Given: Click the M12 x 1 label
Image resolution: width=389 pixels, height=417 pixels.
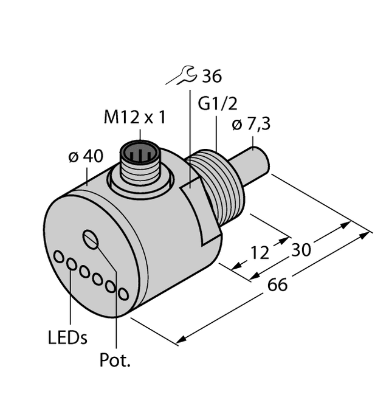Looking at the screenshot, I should coord(134,117).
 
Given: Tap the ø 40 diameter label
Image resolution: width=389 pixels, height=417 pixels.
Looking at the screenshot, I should coord(85,156).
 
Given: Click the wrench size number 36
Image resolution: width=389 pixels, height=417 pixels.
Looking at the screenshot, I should coord(211,77).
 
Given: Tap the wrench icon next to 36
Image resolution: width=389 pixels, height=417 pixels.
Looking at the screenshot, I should coord(183,76).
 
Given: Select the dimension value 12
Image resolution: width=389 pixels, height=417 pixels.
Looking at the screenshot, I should coord(260,252).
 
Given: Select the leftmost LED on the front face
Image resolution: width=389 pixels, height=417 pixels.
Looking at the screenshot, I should coord(59,257).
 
